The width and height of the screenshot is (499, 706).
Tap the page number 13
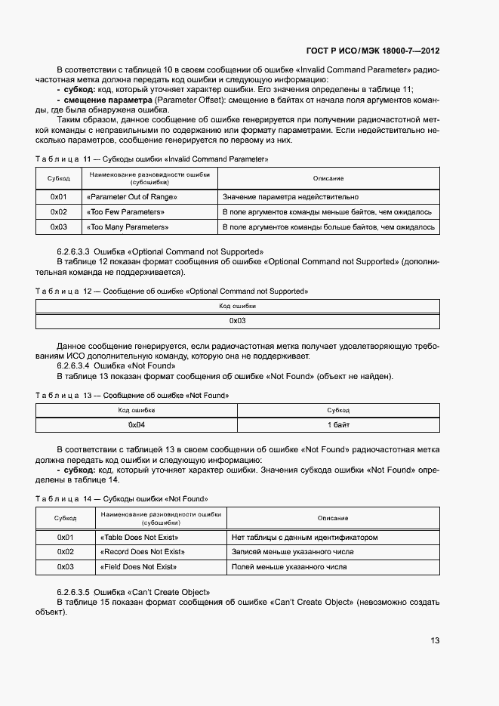click(435, 640)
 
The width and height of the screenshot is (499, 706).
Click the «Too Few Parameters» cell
click(126, 211)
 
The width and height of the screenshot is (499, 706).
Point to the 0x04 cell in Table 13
click(137, 425)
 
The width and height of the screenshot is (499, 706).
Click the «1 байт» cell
click(337, 425)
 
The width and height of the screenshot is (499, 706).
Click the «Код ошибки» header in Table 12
click(238, 306)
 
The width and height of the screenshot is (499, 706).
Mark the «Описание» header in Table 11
click(328, 178)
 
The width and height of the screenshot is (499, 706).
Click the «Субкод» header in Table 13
click(337, 410)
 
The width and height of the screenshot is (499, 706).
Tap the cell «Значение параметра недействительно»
click(285, 196)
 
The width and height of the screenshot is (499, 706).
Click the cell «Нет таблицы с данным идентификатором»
click(304, 538)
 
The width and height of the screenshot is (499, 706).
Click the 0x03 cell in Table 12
click(238, 321)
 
